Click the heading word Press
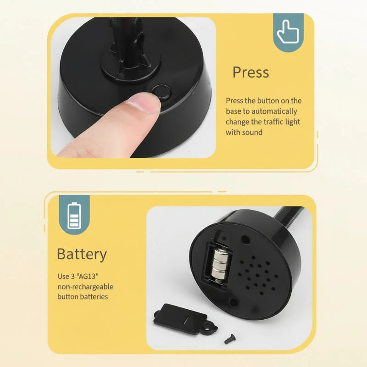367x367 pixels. (x=250, y=72)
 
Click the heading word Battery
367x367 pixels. (x=82, y=255)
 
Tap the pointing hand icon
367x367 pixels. (x=288, y=32)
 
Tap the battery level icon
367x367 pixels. (x=74, y=216)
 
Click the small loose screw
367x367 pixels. (x=230, y=339)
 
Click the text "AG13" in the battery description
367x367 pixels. (x=87, y=277)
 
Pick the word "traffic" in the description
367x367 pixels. (x=272, y=122)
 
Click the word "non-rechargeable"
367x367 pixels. (x=85, y=287)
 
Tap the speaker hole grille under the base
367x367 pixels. (x=257, y=275)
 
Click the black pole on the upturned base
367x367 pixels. (x=288, y=215)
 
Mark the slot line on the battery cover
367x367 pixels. (x=186, y=320)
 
